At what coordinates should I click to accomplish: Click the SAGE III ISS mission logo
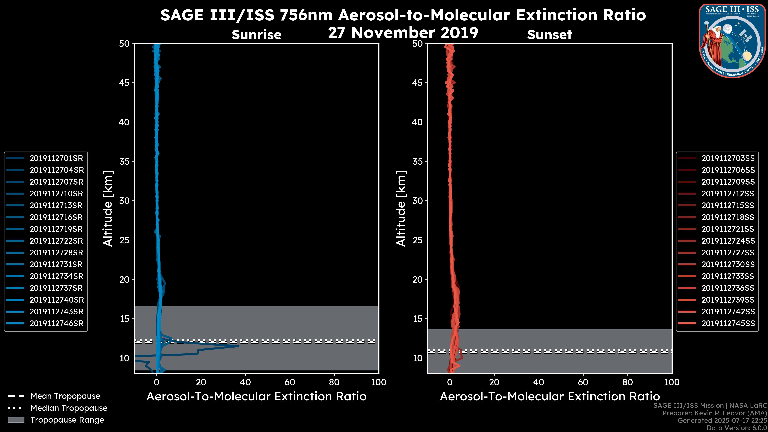click(732, 41)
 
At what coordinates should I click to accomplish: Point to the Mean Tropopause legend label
click(65, 396)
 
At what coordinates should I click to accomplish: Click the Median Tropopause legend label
click(69, 408)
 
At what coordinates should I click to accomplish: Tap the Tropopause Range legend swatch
click(16, 420)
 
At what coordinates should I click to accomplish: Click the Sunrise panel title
click(256, 35)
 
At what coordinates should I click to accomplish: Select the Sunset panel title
click(549, 35)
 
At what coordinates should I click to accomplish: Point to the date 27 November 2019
click(403, 33)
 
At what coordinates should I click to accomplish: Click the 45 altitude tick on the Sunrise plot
click(124, 83)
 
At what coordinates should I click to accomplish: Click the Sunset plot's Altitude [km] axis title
click(401, 208)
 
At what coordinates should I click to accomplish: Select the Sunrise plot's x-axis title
click(256, 397)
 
